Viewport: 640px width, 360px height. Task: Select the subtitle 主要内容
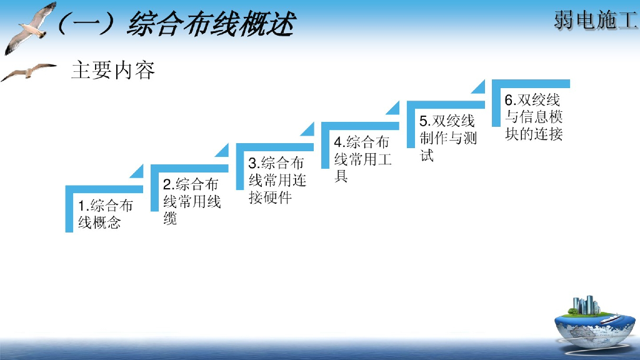(x=113, y=70)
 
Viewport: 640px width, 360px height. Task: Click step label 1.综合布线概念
(x=105, y=214)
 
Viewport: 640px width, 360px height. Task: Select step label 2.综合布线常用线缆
(x=191, y=201)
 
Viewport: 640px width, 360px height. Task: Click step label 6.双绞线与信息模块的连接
(x=534, y=116)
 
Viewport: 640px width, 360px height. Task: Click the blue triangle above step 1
(x=137, y=172)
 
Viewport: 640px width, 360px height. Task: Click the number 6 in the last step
(x=509, y=100)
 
